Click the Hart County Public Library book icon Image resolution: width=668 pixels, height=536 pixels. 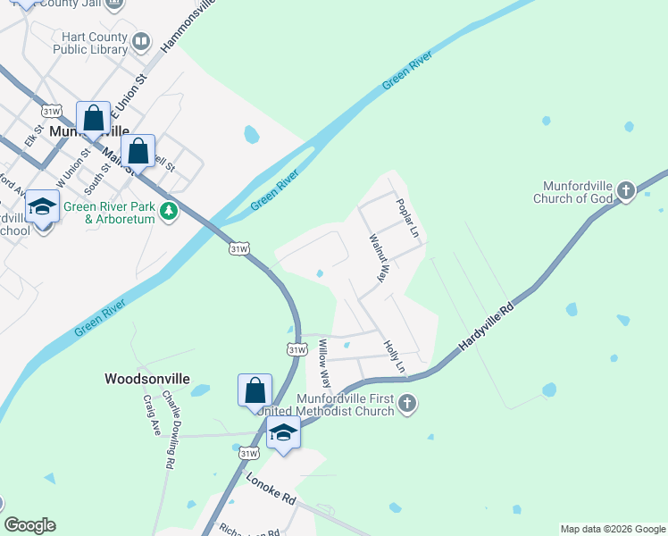pyautogui.click(x=141, y=42)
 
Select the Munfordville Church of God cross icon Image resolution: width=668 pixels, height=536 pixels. pyautogui.click(x=626, y=190)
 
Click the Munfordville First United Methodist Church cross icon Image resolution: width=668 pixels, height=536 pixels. pyautogui.click(x=406, y=403)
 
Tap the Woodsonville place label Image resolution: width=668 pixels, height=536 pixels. pyautogui.click(x=147, y=379)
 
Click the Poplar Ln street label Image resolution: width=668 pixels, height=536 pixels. pyautogui.click(x=407, y=217)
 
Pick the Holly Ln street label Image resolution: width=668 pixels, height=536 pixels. pyautogui.click(x=394, y=356)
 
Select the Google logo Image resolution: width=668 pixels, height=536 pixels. pyautogui.click(x=29, y=525)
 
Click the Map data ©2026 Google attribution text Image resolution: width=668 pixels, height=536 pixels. pyautogui.click(x=613, y=529)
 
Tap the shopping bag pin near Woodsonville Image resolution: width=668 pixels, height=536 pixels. pyautogui.click(x=255, y=390)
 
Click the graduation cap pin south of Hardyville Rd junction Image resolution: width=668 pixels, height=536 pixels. pyautogui.click(x=283, y=433)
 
